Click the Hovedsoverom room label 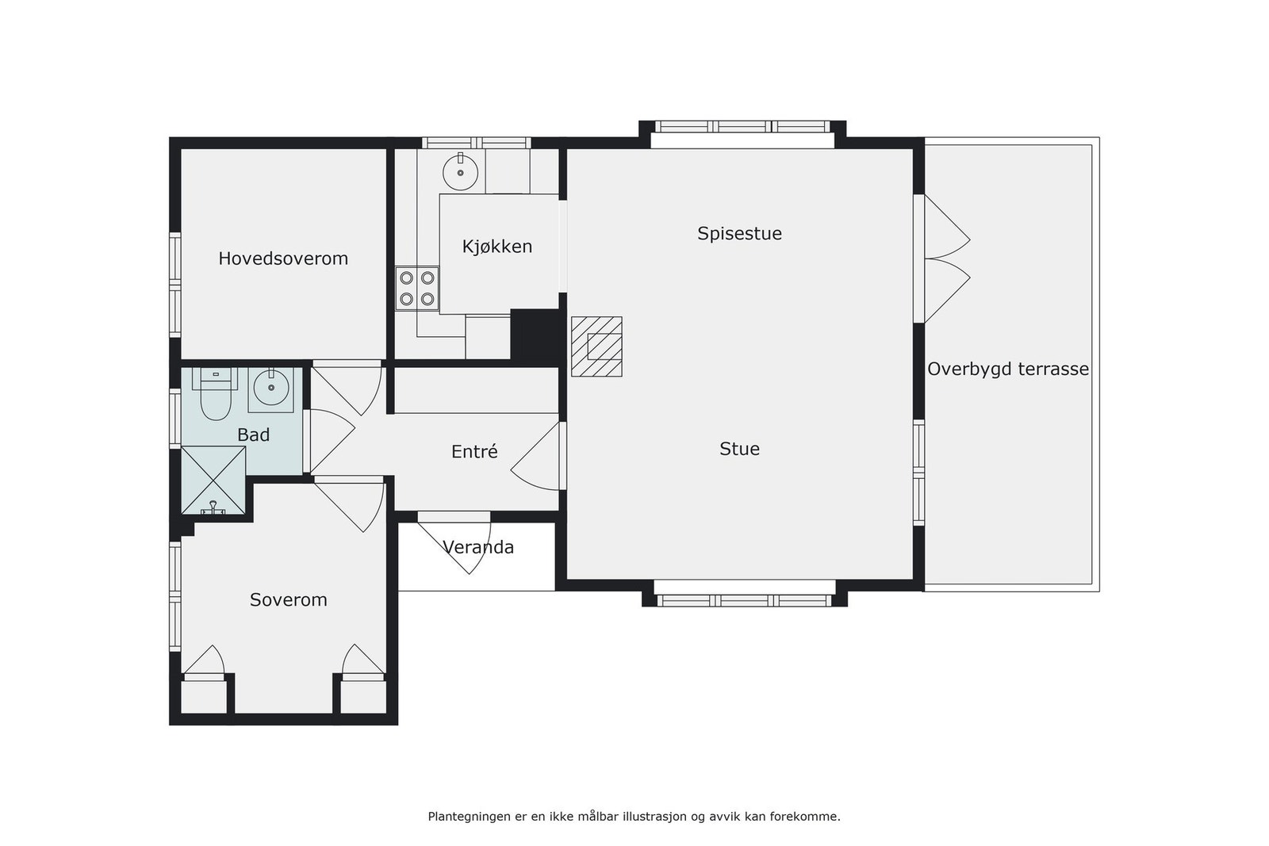(x=283, y=258)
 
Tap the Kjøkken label (x=497, y=247)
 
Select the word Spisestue (x=739, y=234)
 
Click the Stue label (x=739, y=449)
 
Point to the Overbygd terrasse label (x=1007, y=369)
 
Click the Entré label (x=474, y=452)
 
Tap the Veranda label (x=478, y=547)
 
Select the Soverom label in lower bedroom (x=288, y=600)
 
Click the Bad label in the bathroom (x=253, y=434)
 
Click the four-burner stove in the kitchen (x=417, y=289)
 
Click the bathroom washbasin (x=270, y=389)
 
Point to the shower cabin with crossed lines (x=213, y=480)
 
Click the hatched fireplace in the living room (x=596, y=346)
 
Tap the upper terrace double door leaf (x=945, y=227)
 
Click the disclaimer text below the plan (x=634, y=816)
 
